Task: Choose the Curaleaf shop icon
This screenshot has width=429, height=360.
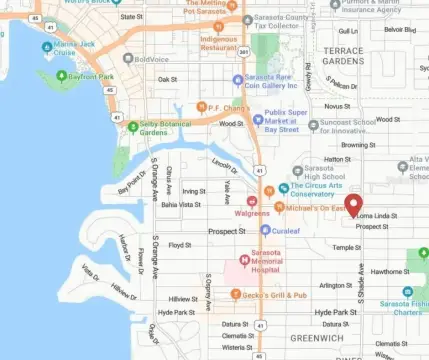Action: [262, 230]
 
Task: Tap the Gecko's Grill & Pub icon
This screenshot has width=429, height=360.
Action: [235, 294]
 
